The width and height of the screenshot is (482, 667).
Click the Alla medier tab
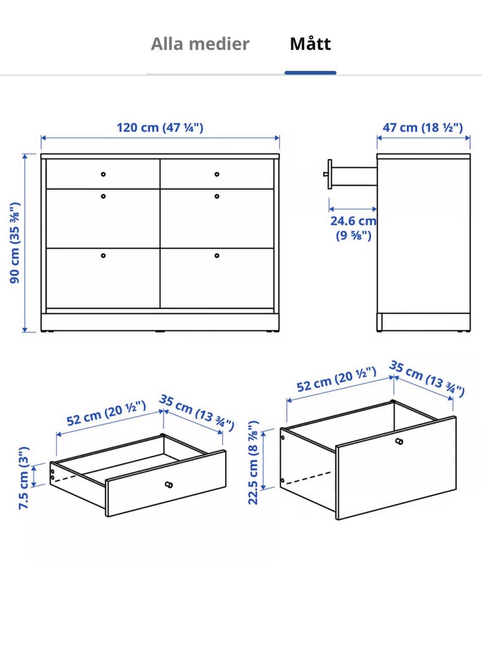tap(200, 44)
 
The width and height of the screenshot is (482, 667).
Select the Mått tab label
tap(310, 44)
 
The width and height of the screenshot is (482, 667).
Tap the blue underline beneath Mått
tap(310, 73)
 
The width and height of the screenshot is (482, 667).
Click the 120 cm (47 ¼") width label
tap(160, 128)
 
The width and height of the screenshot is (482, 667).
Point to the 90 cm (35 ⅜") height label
tap(15, 243)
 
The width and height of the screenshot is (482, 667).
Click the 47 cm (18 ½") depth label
tap(423, 128)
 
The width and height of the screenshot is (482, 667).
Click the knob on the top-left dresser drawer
tap(103, 174)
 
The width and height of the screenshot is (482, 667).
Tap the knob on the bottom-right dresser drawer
tap(217, 256)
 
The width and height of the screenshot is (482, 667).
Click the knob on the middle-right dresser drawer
tap(217, 196)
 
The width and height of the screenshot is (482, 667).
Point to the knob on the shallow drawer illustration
tap(169, 485)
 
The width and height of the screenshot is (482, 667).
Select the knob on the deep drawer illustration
tap(400, 441)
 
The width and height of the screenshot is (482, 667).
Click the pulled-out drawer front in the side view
tap(330, 174)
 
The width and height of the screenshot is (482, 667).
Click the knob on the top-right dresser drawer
tap(217, 174)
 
